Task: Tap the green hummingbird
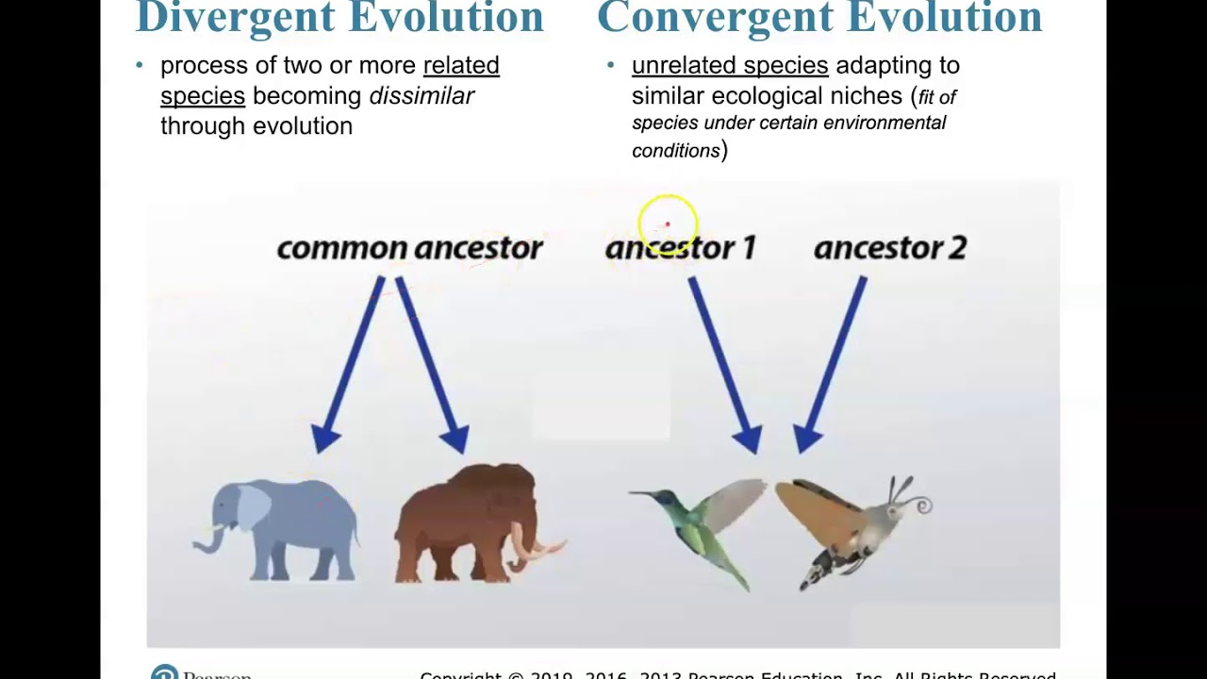tap(707, 528)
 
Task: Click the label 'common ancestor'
tap(409, 248)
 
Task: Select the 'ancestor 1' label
tap(680, 248)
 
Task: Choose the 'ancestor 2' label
tap(889, 248)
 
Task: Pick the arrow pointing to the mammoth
tap(430, 363)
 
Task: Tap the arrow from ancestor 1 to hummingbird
tap(724, 363)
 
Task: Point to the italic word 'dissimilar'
tap(422, 96)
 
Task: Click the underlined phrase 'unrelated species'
tap(730, 65)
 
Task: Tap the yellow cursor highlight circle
tap(668, 224)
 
